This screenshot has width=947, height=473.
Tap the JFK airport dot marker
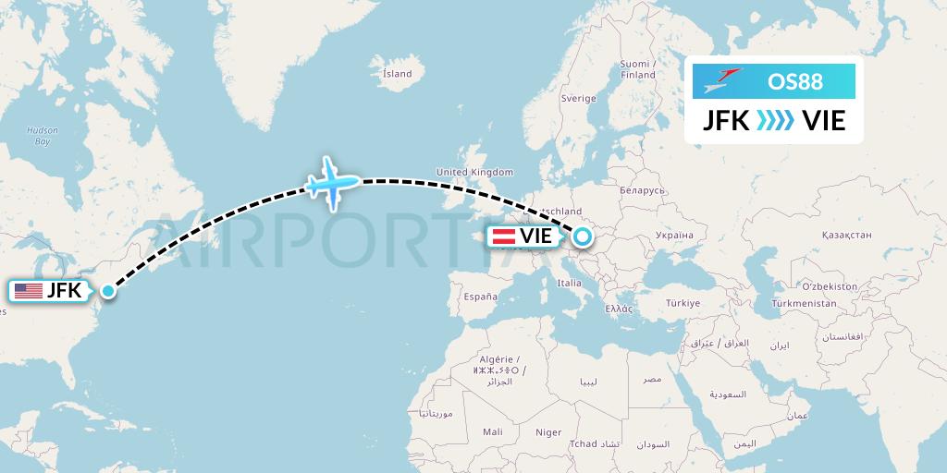(x=108, y=291)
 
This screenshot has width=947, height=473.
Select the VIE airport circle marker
(x=582, y=236)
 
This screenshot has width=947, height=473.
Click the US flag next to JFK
(x=28, y=291)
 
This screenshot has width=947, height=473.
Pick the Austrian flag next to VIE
(x=503, y=236)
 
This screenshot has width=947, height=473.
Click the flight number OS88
(x=794, y=82)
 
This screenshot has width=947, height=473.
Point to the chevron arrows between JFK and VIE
(x=774, y=120)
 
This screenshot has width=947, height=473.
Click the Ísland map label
(x=397, y=73)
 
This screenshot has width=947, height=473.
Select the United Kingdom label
(x=474, y=172)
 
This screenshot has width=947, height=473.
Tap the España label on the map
(x=481, y=297)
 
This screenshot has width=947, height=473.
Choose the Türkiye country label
(x=685, y=302)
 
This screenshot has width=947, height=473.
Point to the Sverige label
(x=579, y=98)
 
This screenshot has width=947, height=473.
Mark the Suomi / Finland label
(x=637, y=69)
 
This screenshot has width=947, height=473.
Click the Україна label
(x=673, y=236)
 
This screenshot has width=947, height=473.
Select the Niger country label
(x=548, y=431)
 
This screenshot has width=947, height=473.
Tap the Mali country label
(x=492, y=431)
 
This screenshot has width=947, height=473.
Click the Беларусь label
(x=643, y=190)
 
